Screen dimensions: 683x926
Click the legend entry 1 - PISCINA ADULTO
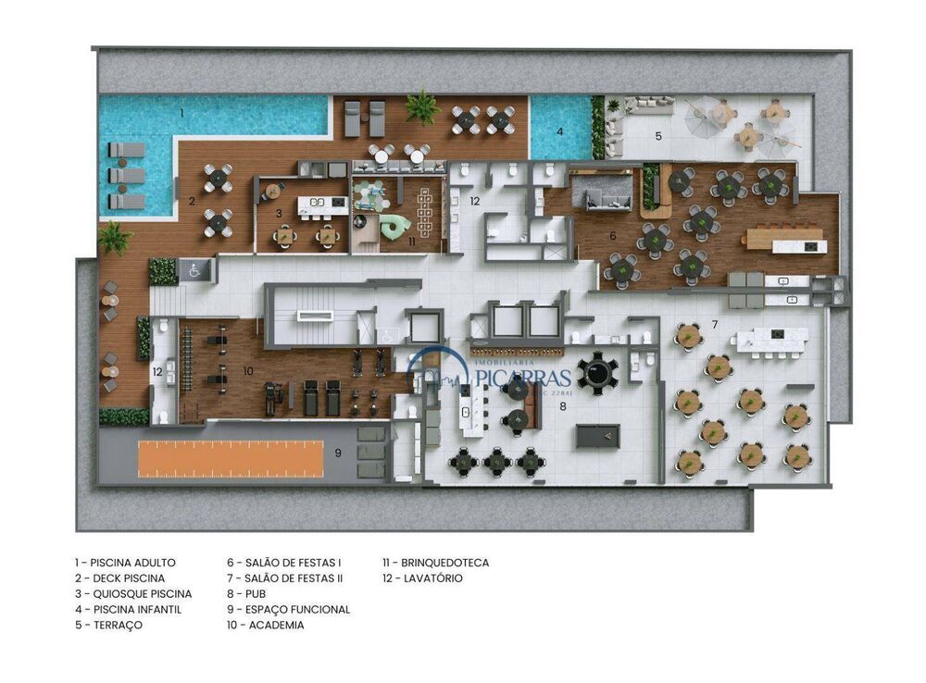125,563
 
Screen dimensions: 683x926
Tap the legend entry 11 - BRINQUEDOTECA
436,563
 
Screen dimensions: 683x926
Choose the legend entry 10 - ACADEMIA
266,626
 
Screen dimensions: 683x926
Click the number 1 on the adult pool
181,112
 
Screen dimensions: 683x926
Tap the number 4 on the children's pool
559,131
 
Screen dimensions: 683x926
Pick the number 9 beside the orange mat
338,453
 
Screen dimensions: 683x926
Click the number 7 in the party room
714,324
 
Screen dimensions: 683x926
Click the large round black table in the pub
596,371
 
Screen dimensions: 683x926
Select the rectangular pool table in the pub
597,436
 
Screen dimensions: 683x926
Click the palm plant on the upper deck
422,106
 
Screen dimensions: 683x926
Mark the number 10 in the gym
247,370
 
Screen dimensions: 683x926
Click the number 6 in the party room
612,236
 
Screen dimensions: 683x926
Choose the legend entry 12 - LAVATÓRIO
422,578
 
